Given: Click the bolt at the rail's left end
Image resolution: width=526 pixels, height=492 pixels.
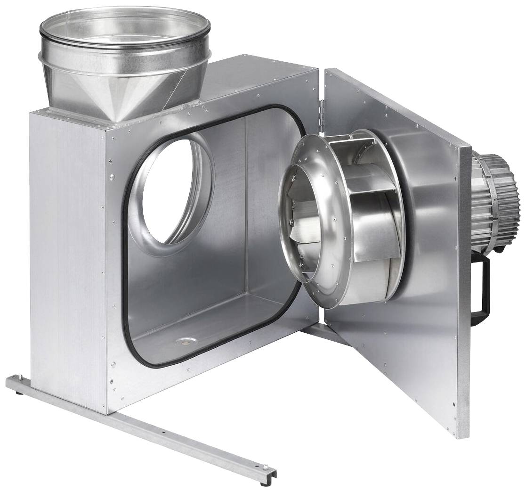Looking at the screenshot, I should click(21, 377).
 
